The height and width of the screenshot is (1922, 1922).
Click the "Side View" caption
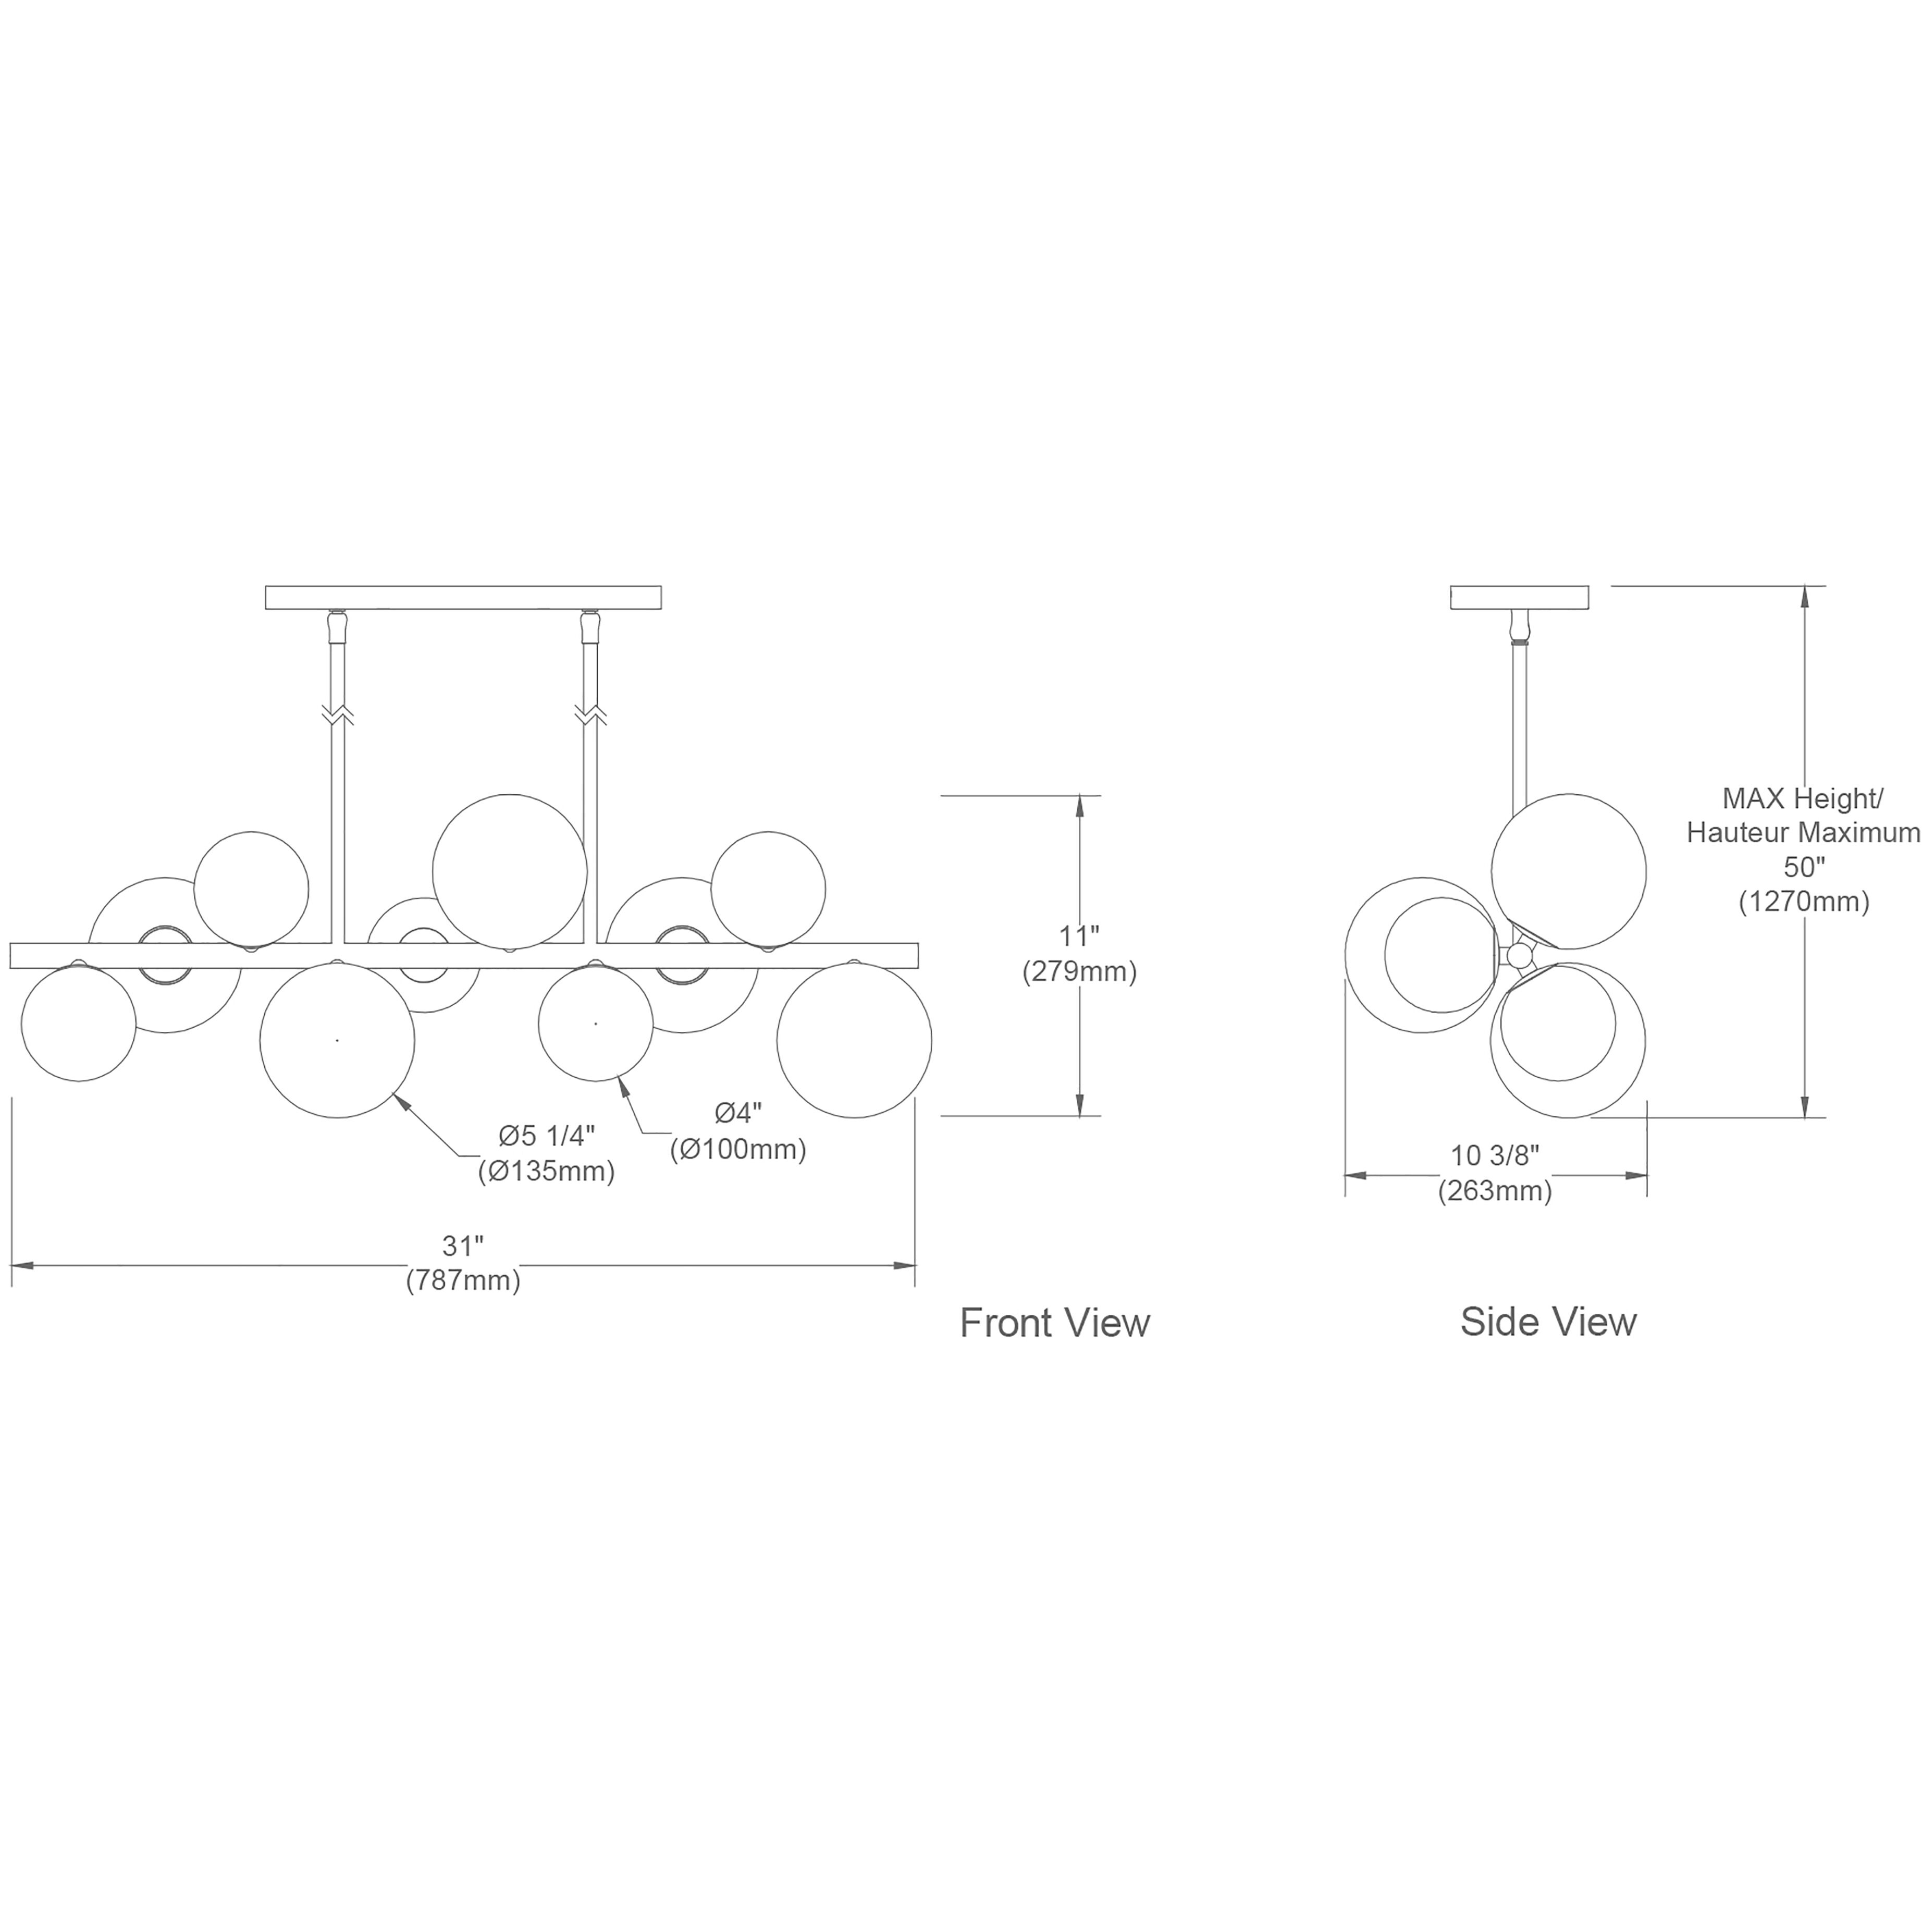tap(1548, 1321)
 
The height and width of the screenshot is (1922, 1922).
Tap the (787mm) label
tap(463, 1280)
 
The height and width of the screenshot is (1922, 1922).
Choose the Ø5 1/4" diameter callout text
tap(547, 1135)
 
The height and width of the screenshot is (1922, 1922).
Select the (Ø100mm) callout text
tap(738, 1149)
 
